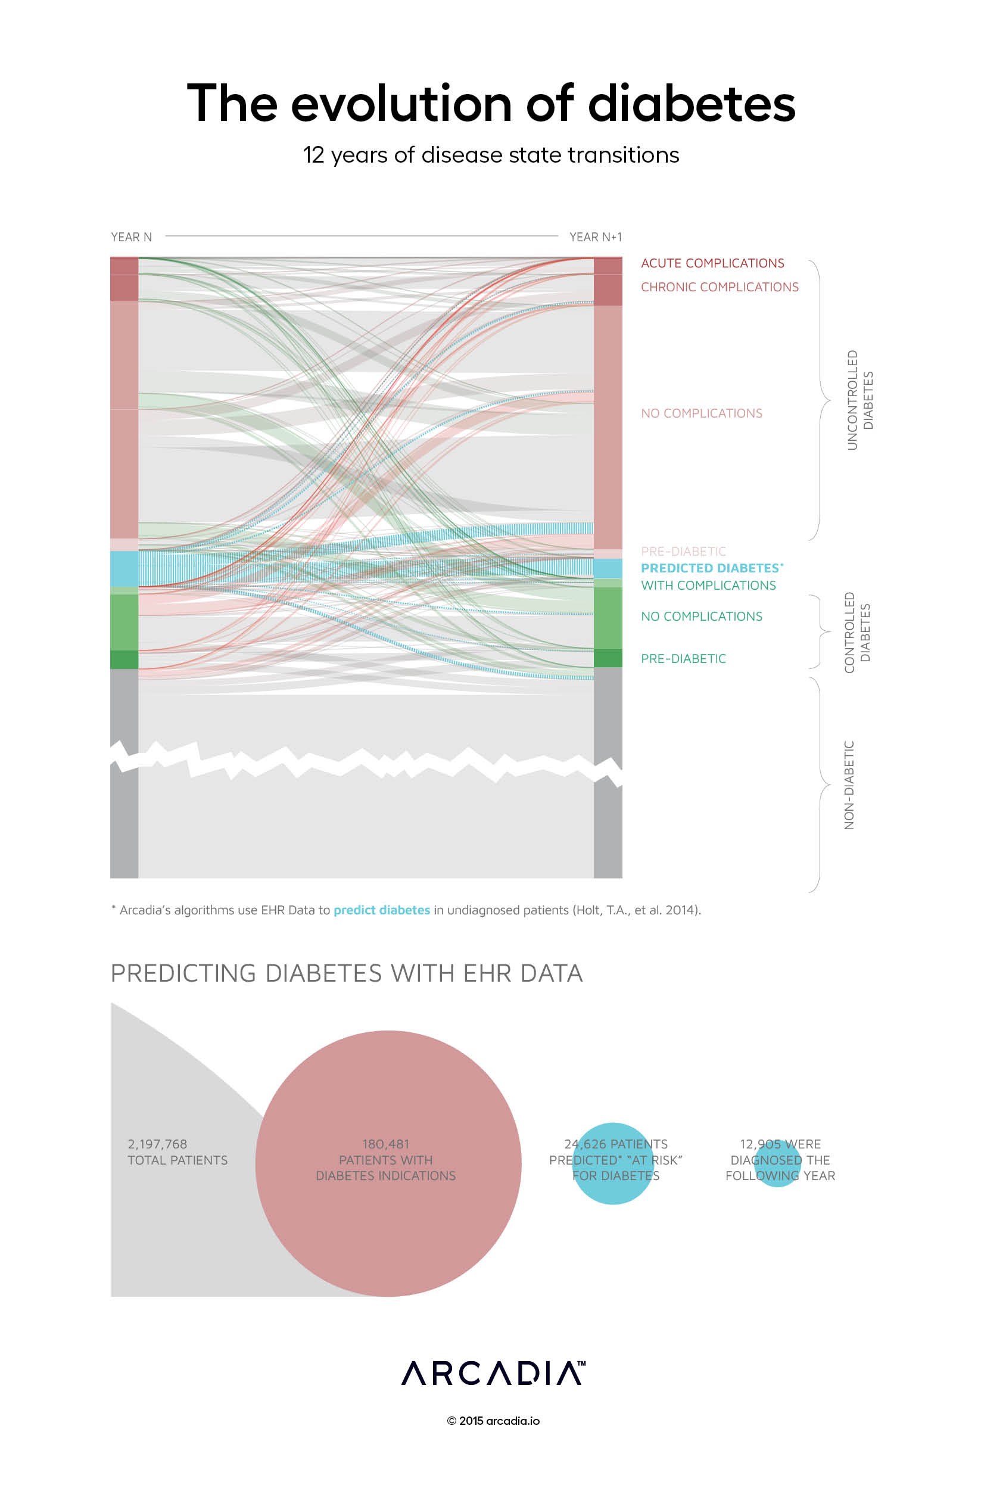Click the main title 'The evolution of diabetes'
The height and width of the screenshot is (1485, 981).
point(491,103)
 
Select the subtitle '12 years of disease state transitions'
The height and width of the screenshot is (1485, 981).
point(491,155)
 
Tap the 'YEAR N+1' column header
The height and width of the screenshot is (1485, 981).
point(595,237)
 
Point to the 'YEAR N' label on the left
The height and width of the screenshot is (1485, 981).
point(132,237)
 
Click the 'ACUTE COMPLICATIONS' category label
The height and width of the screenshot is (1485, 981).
point(712,263)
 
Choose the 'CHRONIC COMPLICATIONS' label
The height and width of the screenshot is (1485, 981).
point(720,287)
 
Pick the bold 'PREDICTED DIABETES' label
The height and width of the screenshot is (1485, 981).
point(710,568)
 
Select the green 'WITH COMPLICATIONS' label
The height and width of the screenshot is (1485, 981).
point(708,586)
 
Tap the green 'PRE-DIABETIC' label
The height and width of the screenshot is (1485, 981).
point(683,659)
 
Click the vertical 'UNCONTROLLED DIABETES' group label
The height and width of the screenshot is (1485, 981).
point(860,400)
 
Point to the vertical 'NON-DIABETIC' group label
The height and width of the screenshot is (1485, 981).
point(849,785)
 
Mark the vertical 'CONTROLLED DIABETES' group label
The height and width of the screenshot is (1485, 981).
point(857,633)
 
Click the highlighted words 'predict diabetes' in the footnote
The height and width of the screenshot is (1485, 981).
point(382,910)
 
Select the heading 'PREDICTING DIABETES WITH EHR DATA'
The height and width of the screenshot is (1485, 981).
point(347,973)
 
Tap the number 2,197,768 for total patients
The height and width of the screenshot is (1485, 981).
point(157,1144)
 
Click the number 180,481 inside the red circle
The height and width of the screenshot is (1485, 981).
point(385,1144)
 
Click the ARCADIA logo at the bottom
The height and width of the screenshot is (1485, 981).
point(493,1373)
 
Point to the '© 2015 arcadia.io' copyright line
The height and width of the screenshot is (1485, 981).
point(493,1421)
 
